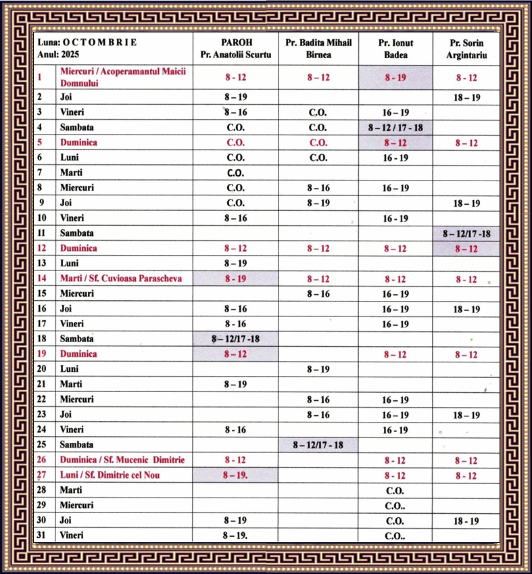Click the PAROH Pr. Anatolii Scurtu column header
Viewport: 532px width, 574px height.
pos(236,49)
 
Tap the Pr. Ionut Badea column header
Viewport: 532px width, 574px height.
pos(395,49)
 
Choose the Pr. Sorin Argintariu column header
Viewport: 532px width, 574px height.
pos(466,49)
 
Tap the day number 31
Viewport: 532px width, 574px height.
pos(42,535)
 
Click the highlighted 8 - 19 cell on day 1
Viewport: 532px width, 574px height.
pos(395,78)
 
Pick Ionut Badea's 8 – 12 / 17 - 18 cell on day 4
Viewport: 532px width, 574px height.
pos(395,127)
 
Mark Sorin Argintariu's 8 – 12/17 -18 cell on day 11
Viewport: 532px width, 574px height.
pos(466,233)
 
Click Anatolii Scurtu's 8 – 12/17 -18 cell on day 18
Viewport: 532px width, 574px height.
pos(236,339)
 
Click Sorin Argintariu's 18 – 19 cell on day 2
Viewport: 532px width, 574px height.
pos(466,97)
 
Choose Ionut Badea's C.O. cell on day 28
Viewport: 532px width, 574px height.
pos(395,490)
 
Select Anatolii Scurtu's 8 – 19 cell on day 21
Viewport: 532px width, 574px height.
pos(236,384)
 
